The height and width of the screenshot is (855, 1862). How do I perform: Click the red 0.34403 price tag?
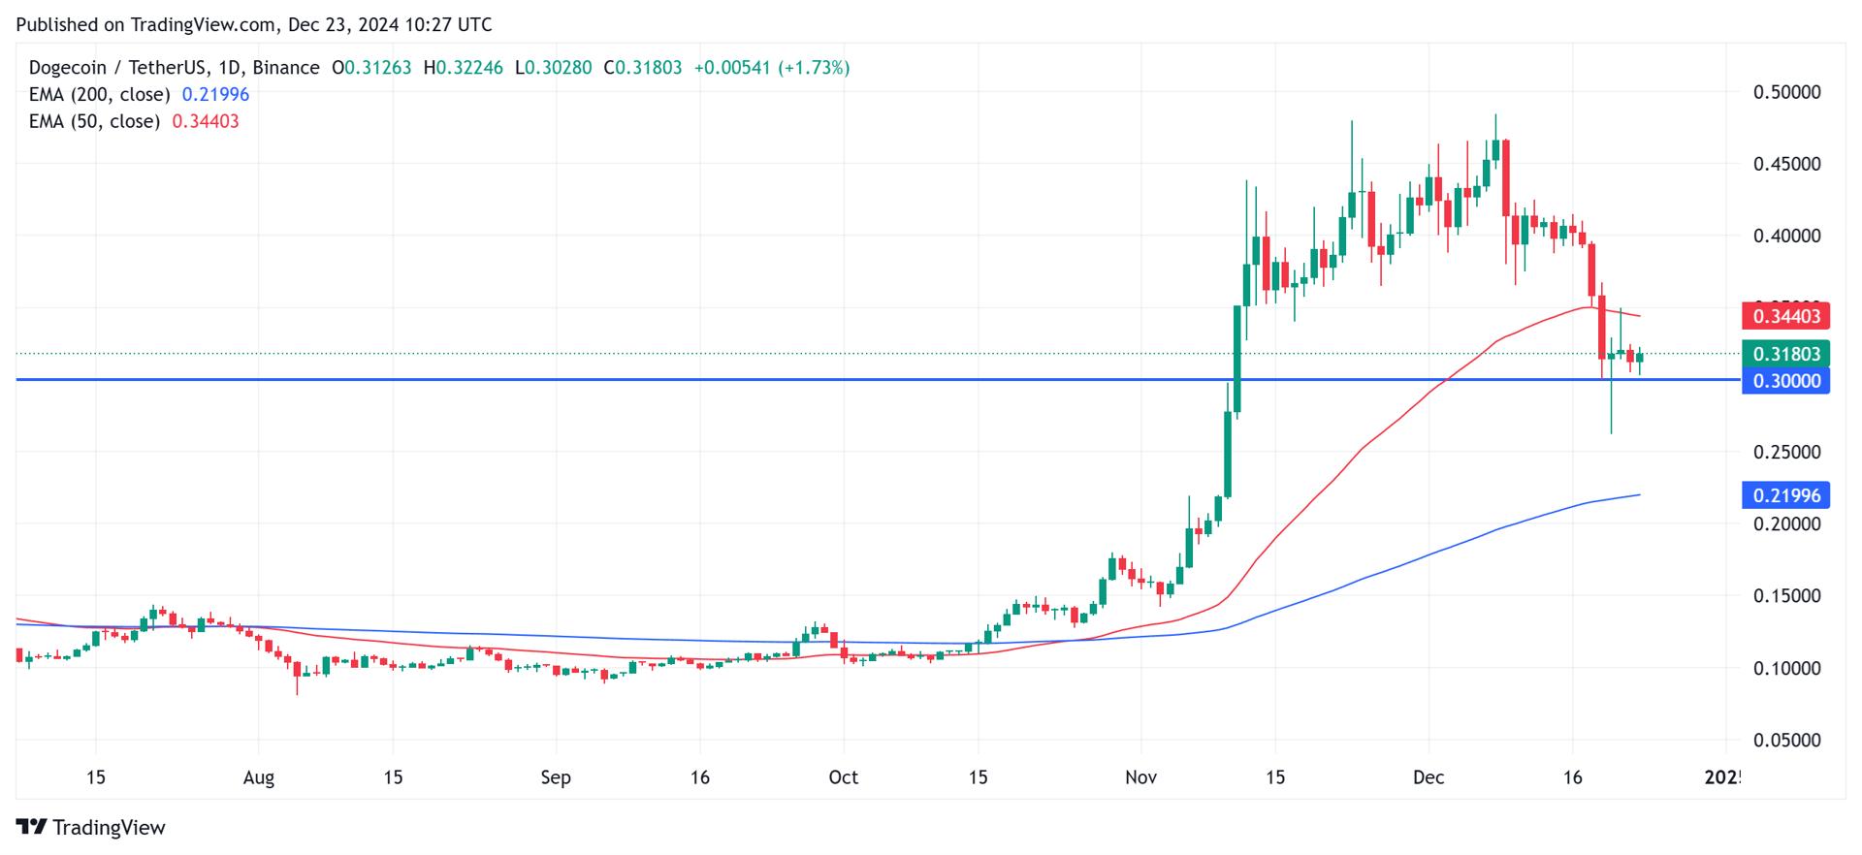1785,316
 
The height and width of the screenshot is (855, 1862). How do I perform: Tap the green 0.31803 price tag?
1785,354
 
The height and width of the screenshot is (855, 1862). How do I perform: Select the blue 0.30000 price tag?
1785,381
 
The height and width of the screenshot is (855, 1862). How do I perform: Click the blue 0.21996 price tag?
1785,495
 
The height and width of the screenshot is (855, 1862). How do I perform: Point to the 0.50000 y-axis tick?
1786,92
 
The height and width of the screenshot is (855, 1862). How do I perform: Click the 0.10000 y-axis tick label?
1786,668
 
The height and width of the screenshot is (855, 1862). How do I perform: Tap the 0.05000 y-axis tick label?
1786,740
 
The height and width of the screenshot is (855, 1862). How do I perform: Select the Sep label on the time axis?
556,777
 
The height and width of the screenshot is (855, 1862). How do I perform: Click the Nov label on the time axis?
1140,777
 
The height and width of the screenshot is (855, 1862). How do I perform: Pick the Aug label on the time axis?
259,777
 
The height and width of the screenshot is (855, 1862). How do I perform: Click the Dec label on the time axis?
1429,777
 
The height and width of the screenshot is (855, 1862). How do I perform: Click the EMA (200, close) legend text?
99,95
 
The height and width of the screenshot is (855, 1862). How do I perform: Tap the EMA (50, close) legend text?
94,121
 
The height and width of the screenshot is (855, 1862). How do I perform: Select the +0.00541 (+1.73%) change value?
772,68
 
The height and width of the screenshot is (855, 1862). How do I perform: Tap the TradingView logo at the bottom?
91,827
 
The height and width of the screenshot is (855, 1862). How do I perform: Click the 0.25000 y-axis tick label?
1786,452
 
